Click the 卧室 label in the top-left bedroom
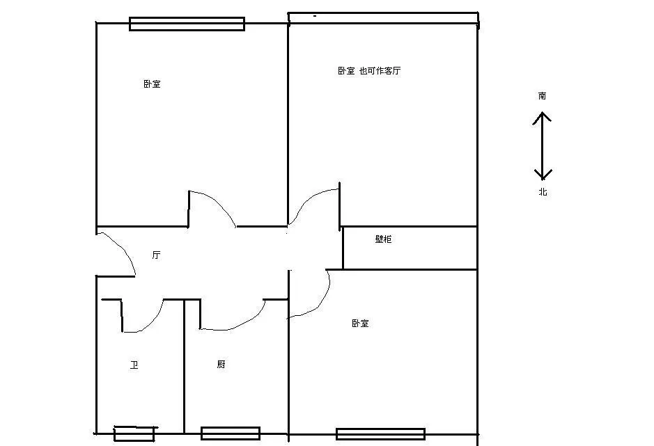click(152, 83)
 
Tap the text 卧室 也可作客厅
click(369, 70)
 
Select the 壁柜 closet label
click(383, 239)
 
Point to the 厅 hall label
click(157, 255)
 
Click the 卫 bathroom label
click(134, 365)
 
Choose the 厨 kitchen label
click(221, 365)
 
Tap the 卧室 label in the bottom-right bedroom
click(360, 323)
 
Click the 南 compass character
click(543, 96)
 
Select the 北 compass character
click(543, 192)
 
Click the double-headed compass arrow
click(543, 146)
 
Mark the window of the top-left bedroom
click(187, 24)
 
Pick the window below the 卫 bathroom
click(134, 434)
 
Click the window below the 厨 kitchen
click(231, 433)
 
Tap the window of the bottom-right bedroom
click(381, 434)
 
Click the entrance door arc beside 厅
click(124, 248)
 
